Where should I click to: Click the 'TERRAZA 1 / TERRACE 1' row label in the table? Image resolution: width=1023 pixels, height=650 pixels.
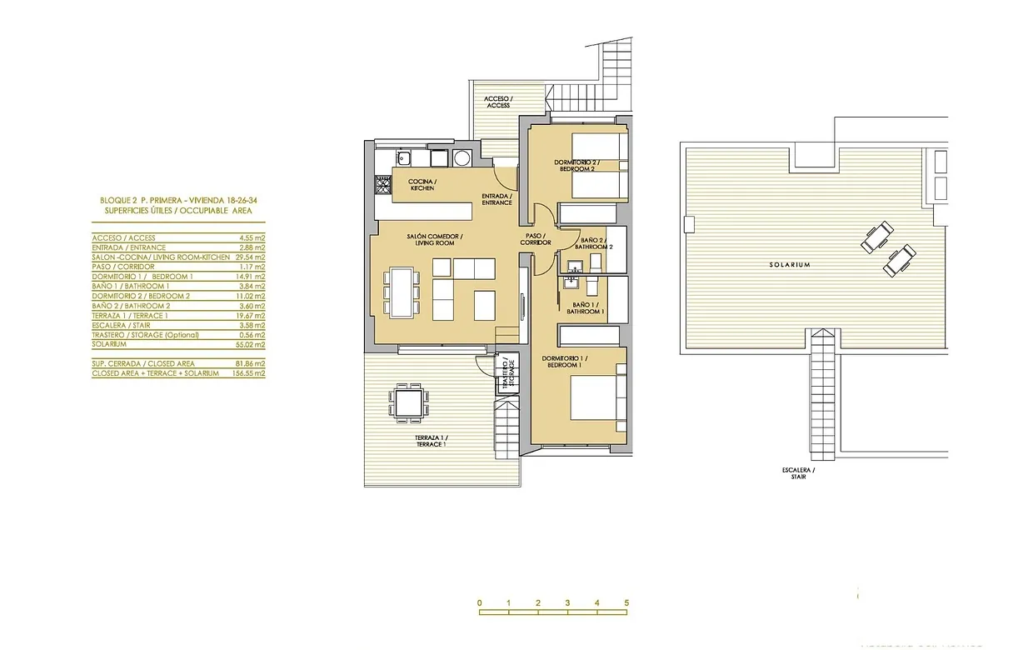tap(130, 315)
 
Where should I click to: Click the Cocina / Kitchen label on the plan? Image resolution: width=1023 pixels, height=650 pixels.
tap(422, 185)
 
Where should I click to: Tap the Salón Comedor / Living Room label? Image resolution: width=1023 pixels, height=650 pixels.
tap(436, 240)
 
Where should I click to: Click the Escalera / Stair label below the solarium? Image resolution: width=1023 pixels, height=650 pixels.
tap(798, 474)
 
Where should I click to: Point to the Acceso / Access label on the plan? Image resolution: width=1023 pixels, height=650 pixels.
tap(498, 102)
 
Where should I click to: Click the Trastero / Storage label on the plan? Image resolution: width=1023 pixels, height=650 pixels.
tap(507, 372)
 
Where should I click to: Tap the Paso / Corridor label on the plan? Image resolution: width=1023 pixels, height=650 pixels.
tap(536, 239)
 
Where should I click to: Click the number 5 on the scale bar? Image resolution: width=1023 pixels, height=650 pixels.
tap(626, 602)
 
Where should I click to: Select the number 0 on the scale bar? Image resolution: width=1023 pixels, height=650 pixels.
tap(480, 602)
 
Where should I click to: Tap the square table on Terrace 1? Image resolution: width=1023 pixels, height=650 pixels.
tap(409, 404)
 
